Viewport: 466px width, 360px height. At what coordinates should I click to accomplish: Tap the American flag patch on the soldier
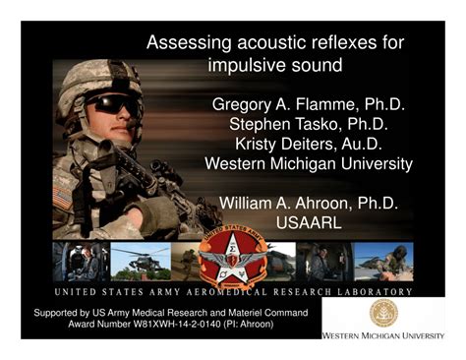[63, 196]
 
